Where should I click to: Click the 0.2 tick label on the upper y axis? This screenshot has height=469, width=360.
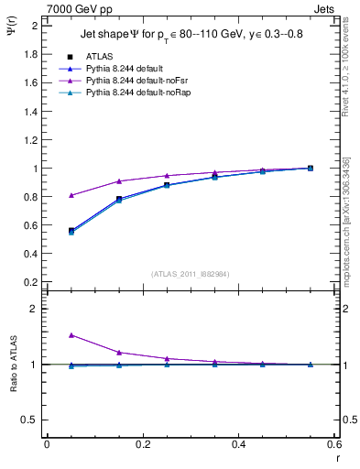tap(30, 283)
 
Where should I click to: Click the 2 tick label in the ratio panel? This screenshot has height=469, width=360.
tap(35, 310)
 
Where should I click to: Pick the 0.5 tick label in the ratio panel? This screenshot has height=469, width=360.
tap(30, 420)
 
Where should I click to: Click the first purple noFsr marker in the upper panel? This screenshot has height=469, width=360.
tap(46, 195)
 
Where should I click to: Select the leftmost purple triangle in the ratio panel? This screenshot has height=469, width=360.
tap(46, 335)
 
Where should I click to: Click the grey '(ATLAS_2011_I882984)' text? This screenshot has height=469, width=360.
tap(190, 273)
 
